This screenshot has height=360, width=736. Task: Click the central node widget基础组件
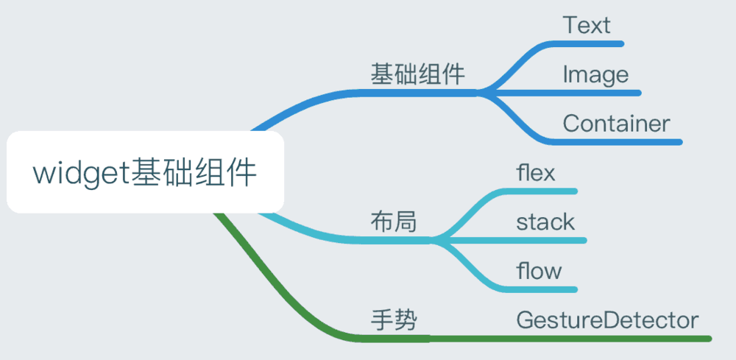tap(145, 172)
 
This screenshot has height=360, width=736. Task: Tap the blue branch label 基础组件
tap(418, 74)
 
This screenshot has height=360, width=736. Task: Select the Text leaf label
tap(587, 25)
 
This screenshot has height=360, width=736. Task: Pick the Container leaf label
tap(616, 124)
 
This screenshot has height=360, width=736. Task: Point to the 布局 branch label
tap(394, 222)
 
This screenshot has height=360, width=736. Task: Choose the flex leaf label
tap(536, 173)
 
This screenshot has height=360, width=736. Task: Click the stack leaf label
tap(545, 222)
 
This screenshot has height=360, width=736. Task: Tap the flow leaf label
tap(539, 271)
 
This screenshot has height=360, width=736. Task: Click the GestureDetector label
tap(607, 320)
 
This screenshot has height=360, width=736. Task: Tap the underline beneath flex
tap(539, 191)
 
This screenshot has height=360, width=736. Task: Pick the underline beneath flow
tap(539, 289)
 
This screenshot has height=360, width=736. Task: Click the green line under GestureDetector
tap(570, 339)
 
